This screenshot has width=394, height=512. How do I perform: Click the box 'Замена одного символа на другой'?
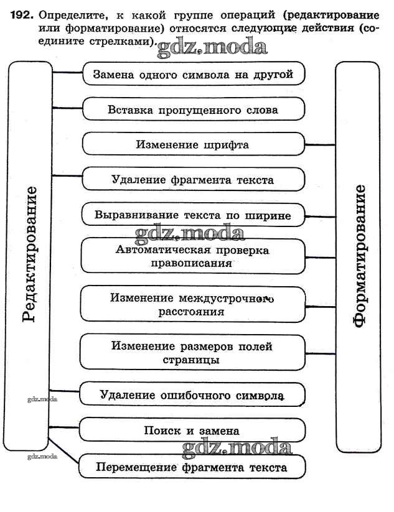(x=194, y=74)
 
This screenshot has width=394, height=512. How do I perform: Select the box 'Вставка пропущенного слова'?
(x=194, y=109)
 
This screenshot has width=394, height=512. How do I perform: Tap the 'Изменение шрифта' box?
(x=194, y=144)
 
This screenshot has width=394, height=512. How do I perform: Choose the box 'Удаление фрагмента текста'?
(x=194, y=180)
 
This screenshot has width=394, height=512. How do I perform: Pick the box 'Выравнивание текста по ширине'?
(x=194, y=215)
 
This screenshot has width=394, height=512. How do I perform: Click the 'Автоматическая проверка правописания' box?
(x=194, y=256)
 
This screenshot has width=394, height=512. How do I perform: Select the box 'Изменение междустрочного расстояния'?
(x=194, y=304)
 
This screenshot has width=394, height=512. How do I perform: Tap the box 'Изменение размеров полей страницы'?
(x=194, y=353)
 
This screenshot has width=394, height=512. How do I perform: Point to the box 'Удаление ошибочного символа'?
(x=194, y=394)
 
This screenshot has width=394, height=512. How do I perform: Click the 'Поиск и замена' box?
(x=194, y=430)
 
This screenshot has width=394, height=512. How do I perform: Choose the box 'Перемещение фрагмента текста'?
(x=194, y=467)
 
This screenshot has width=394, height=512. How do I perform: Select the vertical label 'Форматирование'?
(x=359, y=255)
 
